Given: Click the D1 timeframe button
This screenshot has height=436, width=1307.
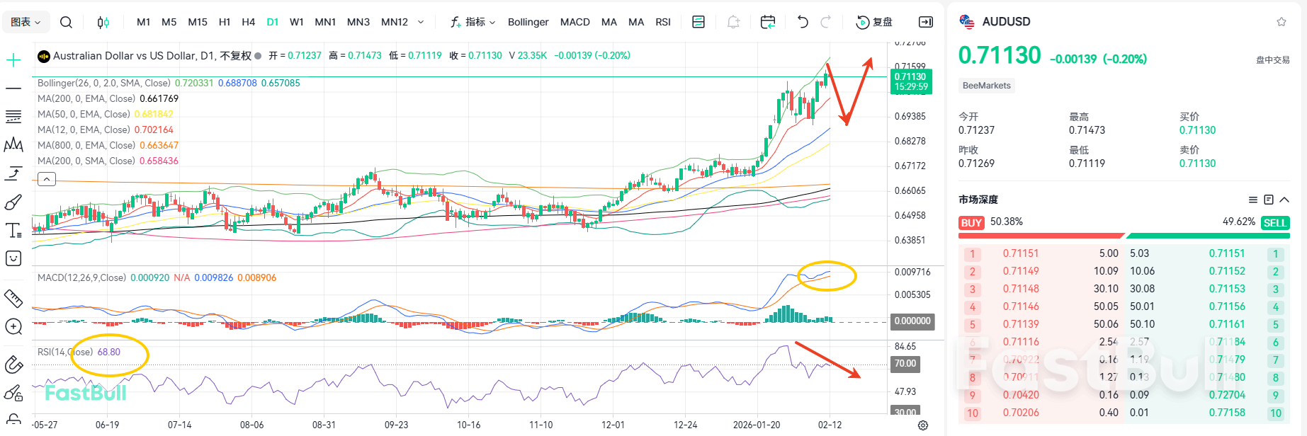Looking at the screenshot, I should [x=272, y=22].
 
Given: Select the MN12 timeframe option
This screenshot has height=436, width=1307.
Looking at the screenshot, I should [x=395, y=22].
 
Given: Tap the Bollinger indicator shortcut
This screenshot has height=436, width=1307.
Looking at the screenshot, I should [x=528, y=22].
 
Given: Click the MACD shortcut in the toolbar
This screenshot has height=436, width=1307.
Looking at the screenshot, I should [x=575, y=22].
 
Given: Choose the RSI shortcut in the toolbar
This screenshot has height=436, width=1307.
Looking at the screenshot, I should [x=663, y=22].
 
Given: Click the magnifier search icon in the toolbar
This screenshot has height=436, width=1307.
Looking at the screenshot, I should [x=66, y=22].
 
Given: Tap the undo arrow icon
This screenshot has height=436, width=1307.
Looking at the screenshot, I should [x=803, y=22].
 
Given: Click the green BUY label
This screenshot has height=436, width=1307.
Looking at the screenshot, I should [x=971, y=223].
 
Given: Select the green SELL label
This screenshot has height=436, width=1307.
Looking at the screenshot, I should [x=1274, y=223].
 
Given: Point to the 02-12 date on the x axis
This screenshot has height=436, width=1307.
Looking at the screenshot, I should [x=830, y=425].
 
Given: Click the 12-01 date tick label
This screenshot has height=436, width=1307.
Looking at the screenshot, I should [x=613, y=425].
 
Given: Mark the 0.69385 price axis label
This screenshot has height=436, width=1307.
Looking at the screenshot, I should [x=910, y=116].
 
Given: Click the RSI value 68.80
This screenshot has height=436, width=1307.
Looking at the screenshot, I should [x=109, y=352].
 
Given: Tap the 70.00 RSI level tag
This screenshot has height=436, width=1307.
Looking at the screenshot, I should [x=905, y=363].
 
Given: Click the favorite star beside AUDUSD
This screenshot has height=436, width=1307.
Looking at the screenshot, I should [x=1281, y=22].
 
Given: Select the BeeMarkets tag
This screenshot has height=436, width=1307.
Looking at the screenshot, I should [x=987, y=86].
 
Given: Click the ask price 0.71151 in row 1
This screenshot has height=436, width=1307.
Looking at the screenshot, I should [x=1227, y=253].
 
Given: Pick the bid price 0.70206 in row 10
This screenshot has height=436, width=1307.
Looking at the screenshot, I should [x=1021, y=413].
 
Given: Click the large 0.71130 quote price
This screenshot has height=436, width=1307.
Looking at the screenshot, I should [x=1000, y=55].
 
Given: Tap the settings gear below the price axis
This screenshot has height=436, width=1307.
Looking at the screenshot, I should [x=922, y=425].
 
